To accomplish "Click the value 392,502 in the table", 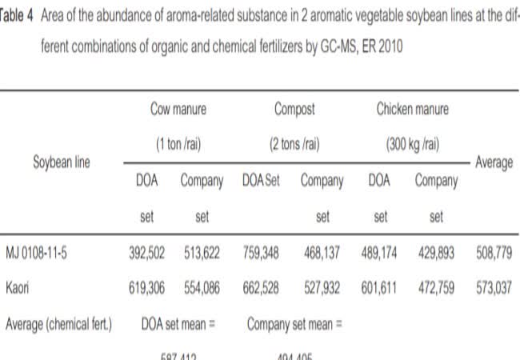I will click(147, 254).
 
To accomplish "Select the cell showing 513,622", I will click(202, 254).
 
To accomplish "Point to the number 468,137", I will click(321, 254).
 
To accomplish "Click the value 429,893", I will click(436, 254).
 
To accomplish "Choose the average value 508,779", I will click(494, 254).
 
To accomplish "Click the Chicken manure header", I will click(413, 108).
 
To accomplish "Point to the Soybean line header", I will click(62, 162).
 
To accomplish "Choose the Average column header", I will click(494, 162).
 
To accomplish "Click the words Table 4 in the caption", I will click(17, 19).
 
